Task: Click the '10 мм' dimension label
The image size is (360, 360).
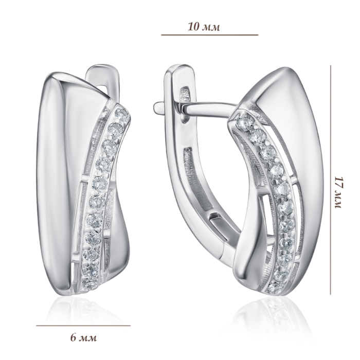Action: (204, 27)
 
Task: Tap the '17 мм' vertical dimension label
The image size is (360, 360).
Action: (338, 193)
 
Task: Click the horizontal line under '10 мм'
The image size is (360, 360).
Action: (210, 35)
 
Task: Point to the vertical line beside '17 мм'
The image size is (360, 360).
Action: (331, 180)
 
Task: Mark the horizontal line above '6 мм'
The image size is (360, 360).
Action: (83, 326)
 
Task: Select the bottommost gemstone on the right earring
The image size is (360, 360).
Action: (273, 287)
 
